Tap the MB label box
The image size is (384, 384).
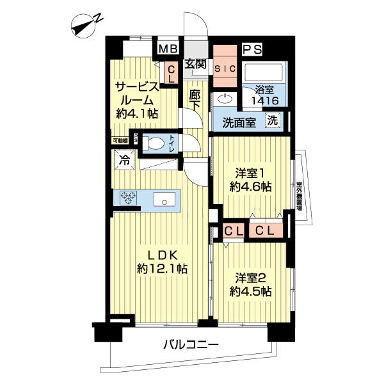tap(168, 49)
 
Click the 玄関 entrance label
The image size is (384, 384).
tap(195, 63)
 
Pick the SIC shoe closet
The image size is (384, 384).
tap(225, 68)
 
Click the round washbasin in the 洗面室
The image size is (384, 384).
tap(225, 99)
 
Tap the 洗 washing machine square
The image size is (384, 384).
tap(273, 120)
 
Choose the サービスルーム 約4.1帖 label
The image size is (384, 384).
tap(136, 100)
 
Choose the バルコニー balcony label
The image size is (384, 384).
tap(190, 345)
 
